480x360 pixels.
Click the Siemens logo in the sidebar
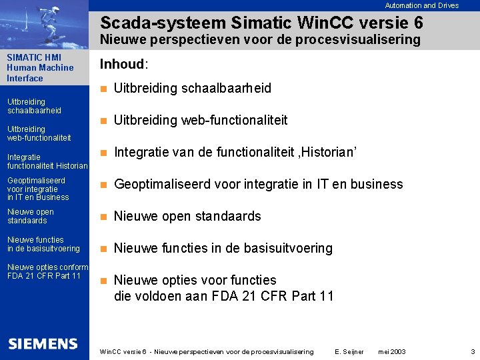pos(43,344)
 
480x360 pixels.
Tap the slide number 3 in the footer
pos(472,351)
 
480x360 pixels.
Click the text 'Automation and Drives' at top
pos(422,5)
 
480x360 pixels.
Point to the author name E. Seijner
pos(350,351)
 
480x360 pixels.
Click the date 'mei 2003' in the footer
pos(391,351)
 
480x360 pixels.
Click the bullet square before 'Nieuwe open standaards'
pos(103,217)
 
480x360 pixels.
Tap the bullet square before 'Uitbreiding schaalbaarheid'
pos(103,89)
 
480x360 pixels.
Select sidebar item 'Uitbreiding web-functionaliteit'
pos(39,133)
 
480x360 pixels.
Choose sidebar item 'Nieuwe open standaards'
pos(30,216)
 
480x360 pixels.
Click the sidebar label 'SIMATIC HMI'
pos(34,57)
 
